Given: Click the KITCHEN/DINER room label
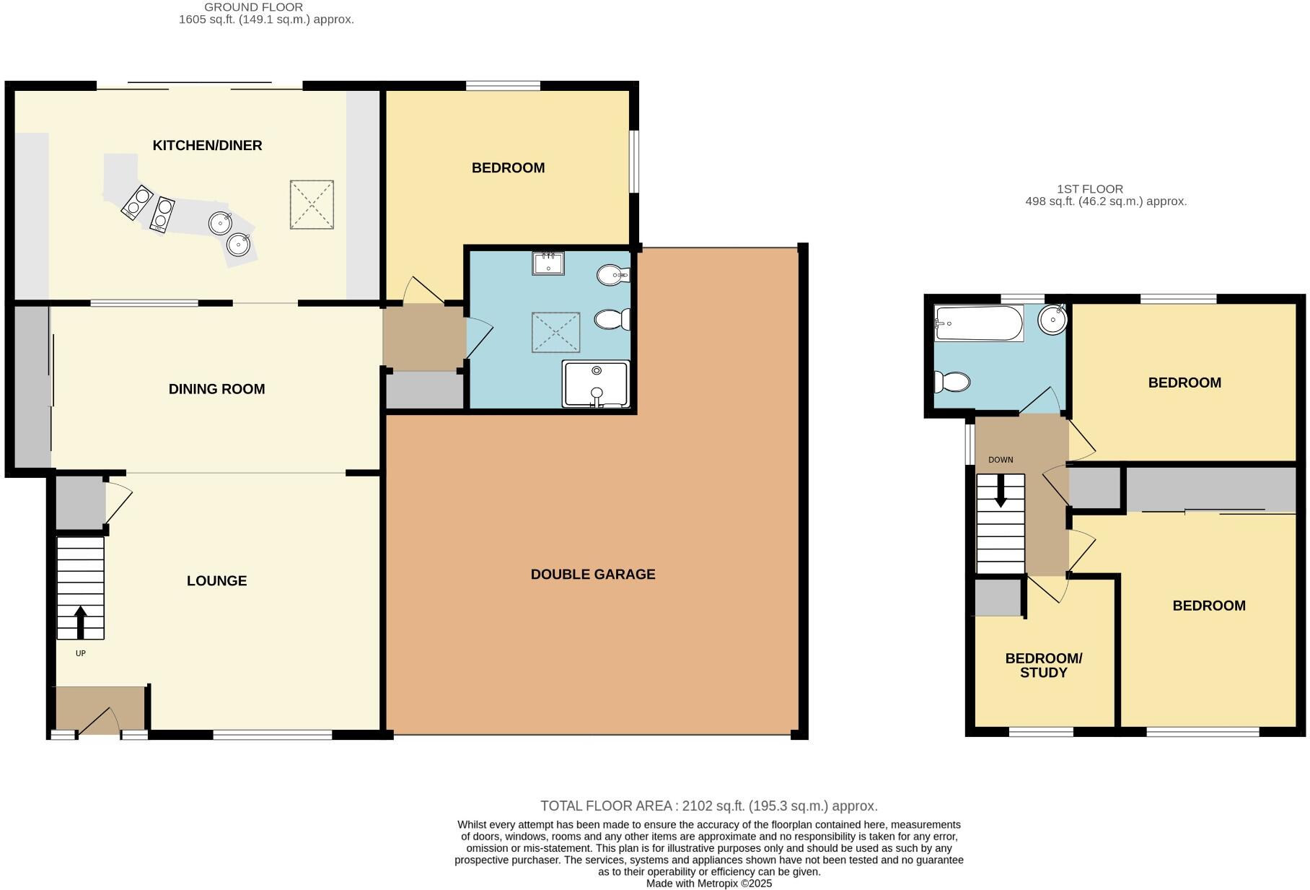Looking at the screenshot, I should point(207,145).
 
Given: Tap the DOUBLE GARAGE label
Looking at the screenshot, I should point(592,575).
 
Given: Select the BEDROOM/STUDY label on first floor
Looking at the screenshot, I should point(1043,666).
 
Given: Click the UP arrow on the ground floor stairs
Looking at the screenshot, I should point(80,621).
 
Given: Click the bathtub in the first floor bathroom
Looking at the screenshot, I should point(978,323).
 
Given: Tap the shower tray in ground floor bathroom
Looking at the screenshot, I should point(596,384).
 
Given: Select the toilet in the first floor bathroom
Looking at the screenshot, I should point(951,380).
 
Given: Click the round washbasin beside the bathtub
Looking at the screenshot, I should point(1054,320).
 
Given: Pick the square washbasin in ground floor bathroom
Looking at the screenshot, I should point(548,263).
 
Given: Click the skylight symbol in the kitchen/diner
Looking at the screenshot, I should point(312,204).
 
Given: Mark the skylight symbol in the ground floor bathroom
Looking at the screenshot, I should point(555,332).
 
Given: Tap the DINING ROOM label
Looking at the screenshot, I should point(216,389).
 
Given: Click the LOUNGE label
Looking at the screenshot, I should point(216,581).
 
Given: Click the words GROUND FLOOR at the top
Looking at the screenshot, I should point(253,7).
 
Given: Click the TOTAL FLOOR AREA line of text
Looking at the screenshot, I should point(708,806).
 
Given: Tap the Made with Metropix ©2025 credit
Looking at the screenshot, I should point(708,884).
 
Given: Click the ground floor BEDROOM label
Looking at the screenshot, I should point(508,168).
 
